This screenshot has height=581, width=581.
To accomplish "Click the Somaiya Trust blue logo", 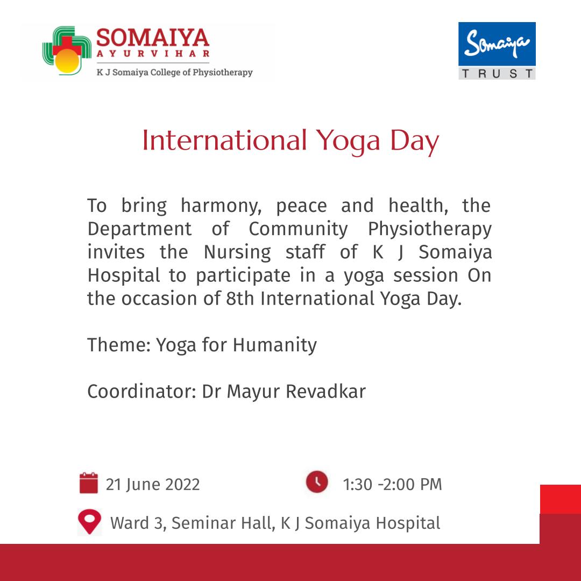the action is click(x=497, y=51).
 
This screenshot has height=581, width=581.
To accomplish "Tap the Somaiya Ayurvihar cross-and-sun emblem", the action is click(x=67, y=50).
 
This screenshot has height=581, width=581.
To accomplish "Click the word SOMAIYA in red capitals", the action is click(x=153, y=38).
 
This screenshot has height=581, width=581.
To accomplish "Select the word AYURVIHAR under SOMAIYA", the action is click(x=153, y=53).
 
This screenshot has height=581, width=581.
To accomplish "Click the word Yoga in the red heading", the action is click(x=348, y=141).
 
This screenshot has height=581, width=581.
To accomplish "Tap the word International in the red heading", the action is click(x=224, y=140).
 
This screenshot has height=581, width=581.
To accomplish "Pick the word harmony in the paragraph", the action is click(x=221, y=206).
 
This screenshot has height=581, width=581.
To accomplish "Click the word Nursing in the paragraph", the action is click(x=238, y=253).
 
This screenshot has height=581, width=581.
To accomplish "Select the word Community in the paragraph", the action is click(x=298, y=229).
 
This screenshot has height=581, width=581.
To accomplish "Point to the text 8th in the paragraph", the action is click(x=240, y=298).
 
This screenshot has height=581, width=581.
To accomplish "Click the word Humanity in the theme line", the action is click(x=275, y=345).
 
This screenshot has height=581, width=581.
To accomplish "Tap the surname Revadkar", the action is click(x=325, y=391).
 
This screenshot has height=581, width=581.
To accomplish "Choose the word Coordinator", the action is click(x=141, y=391).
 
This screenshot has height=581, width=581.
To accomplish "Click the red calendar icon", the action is click(x=89, y=483).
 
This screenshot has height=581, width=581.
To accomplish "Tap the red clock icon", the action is click(x=317, y=481).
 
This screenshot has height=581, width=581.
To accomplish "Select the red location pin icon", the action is click(x=89, y=521).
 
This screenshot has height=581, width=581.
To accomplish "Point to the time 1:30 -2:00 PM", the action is click(x=392, y=485).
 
